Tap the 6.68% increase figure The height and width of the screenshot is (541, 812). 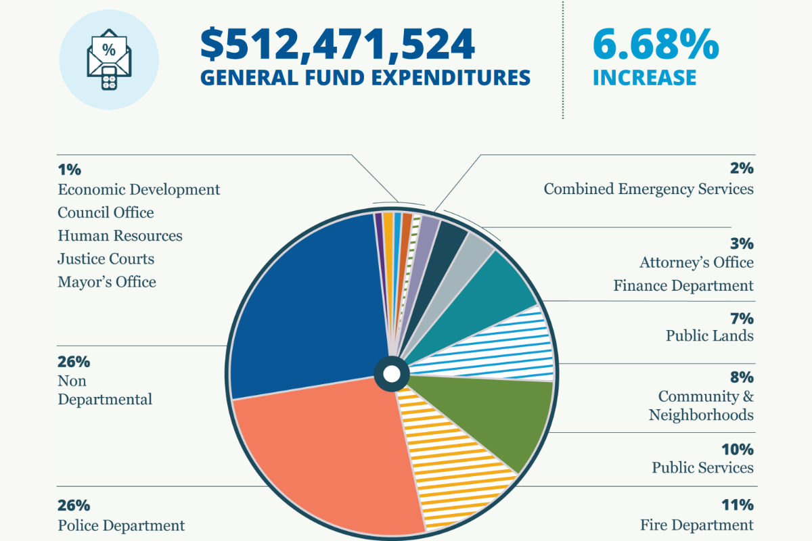pyautogui.click(x=655, y=45)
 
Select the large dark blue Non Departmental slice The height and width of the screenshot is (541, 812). pyautogui.click(x=304, y=298)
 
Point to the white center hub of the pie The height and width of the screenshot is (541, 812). pyautogui.click(x=391, y=373)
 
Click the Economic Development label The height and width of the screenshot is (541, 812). pyautogui.click(x=139, y=189)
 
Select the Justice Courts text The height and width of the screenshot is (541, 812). pyautogui.click(x=106, y=259)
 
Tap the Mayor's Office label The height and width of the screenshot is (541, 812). pyautogui.click(x=106, y=282)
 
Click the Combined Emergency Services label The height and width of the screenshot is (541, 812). pyautogui.click(x=648, y=189)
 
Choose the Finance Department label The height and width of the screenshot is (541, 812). pyautogui.click(x=683, y=286)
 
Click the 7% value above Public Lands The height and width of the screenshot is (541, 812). pyautogui.click(x=742, y=318)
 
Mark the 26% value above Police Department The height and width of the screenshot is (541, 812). pyautogui.click(x=74, y=504)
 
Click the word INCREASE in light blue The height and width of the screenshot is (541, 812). pyautogui.click(x=644, y=77)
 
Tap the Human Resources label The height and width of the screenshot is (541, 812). pyautogui.click(x=120, y=236)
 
